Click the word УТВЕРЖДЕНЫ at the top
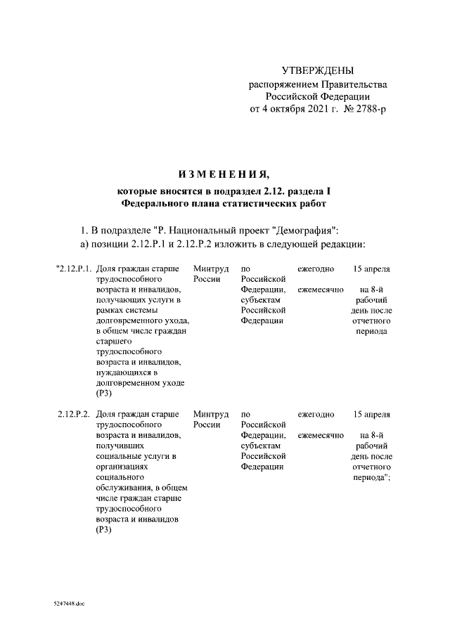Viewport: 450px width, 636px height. [x=318, y=70]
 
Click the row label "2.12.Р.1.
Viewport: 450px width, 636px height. [x=72, y=268]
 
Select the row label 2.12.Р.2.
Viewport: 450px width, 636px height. [x=74, y=414]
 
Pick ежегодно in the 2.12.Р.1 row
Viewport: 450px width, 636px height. [x=316, y=268]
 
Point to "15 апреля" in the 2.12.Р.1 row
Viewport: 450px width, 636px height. [x=372, y=268]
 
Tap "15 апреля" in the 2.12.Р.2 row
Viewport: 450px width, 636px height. [x=372, y=414]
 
